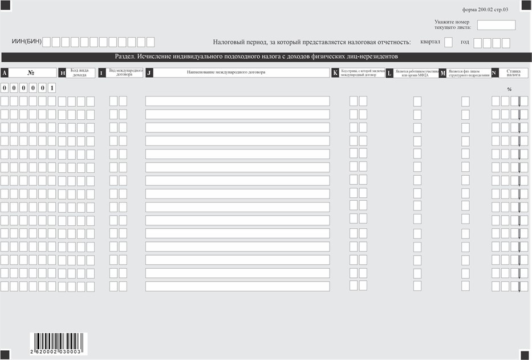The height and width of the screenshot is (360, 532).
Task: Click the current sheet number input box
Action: (x=496, y=25)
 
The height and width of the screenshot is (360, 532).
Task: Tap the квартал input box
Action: (x=448, y=42)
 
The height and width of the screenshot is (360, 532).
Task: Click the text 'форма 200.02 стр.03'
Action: (x=485, y=10)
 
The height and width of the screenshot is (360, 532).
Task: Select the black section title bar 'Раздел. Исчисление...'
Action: (x=266, y=56)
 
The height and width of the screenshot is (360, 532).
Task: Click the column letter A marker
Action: (x=5, y=73)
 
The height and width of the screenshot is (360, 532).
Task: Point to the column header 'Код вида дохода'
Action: (x=79, y=72)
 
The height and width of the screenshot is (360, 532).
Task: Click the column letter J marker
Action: (x=149, y=73)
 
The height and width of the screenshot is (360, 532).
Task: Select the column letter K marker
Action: (x=335, y=73)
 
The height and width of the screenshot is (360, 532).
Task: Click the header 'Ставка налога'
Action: (x=513, y=72)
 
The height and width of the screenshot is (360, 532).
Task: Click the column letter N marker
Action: (x=494, y=73)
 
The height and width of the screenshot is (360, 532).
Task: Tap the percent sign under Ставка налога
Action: (x=509, y=90)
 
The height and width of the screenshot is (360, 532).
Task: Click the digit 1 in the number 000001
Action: (x=52, y=88)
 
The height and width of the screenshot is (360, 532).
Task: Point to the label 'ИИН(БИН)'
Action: (x=26, y=42)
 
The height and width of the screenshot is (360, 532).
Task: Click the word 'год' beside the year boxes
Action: (x=465, y=42)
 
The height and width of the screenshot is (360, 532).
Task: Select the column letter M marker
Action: (x=442, y=73)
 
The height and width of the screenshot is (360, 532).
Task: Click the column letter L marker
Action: (x=389, y=73)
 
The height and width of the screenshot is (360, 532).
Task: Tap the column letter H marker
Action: (x=62, y=73)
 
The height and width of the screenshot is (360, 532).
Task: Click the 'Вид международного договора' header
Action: (x=125, y=72)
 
